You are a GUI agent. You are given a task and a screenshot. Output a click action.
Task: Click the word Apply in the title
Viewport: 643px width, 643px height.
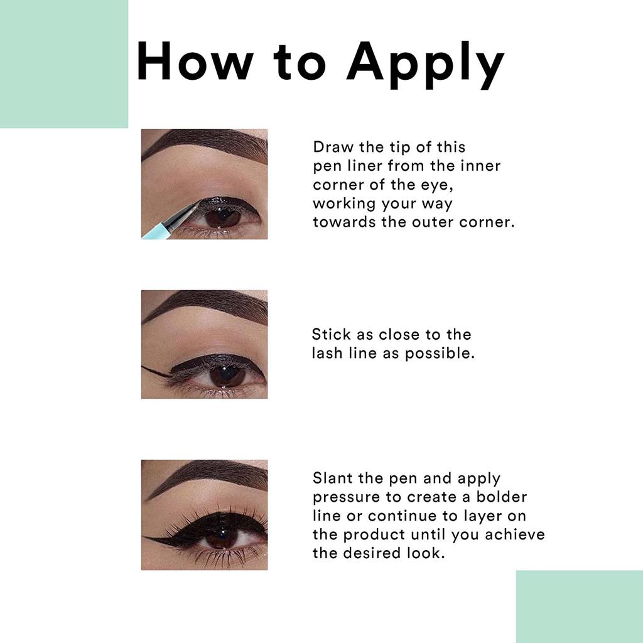[425, 65]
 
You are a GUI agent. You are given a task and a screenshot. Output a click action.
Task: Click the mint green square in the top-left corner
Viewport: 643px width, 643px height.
[64, 64]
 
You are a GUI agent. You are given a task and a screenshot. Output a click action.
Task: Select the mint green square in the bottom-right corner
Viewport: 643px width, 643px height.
[579, 607]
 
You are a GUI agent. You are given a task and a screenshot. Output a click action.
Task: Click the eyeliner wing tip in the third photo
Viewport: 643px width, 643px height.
[144, 537]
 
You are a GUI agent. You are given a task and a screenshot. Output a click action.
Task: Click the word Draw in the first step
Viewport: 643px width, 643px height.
[333, 147]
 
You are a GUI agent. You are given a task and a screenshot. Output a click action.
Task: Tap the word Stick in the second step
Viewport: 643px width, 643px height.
[331, 334]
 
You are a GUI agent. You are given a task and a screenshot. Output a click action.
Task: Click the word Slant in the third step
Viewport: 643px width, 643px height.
[333, 478]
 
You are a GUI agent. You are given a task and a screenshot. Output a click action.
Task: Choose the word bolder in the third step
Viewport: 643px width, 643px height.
[501, 497]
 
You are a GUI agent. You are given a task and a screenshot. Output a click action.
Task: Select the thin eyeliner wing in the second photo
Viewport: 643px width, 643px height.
[156, 370]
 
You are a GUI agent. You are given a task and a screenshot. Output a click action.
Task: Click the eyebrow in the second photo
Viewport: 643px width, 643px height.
[204, 306]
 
